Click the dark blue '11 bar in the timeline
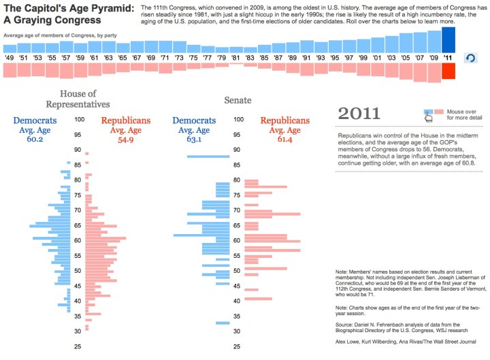(448, 40)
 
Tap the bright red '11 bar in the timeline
(448, 71)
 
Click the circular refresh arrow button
(470, 59)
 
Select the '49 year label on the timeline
(10, 58)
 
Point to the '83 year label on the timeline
(250, 58)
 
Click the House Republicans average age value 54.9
(126, 140)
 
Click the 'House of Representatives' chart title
(78, 99)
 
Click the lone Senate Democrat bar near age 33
(221, 323)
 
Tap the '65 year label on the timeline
(122, 58)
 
